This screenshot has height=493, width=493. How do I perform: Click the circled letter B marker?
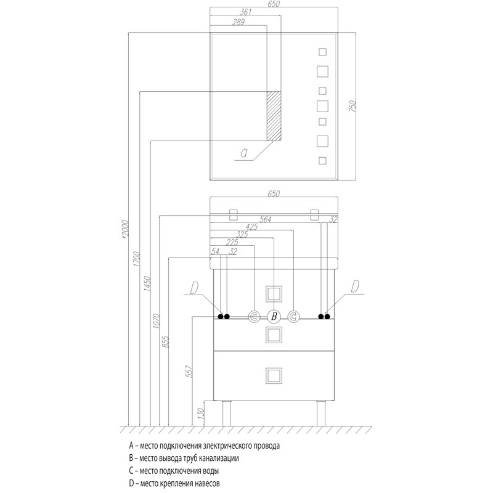274,316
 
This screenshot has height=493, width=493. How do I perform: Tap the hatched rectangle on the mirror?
274,116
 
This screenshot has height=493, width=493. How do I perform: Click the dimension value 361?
245,12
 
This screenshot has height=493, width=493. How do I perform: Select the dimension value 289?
238,22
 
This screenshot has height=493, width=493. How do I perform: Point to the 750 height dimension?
352,106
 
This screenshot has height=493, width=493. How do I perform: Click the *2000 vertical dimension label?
125,229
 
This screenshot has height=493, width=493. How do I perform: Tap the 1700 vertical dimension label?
136,259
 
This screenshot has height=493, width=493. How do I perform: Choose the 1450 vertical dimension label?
147,283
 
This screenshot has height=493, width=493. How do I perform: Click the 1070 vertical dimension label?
157,321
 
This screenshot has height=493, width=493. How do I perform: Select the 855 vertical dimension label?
166,342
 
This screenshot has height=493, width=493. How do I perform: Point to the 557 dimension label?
189,372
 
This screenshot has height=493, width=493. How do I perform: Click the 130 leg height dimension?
202,413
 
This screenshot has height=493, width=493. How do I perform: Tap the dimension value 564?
265,219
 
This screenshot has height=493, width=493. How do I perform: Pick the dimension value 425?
251,227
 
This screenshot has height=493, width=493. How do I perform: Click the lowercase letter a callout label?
243,153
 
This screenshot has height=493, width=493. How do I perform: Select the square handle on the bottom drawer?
274,376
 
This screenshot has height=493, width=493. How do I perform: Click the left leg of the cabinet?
227,413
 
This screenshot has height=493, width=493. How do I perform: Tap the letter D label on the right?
355,287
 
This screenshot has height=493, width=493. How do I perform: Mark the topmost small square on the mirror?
322,52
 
